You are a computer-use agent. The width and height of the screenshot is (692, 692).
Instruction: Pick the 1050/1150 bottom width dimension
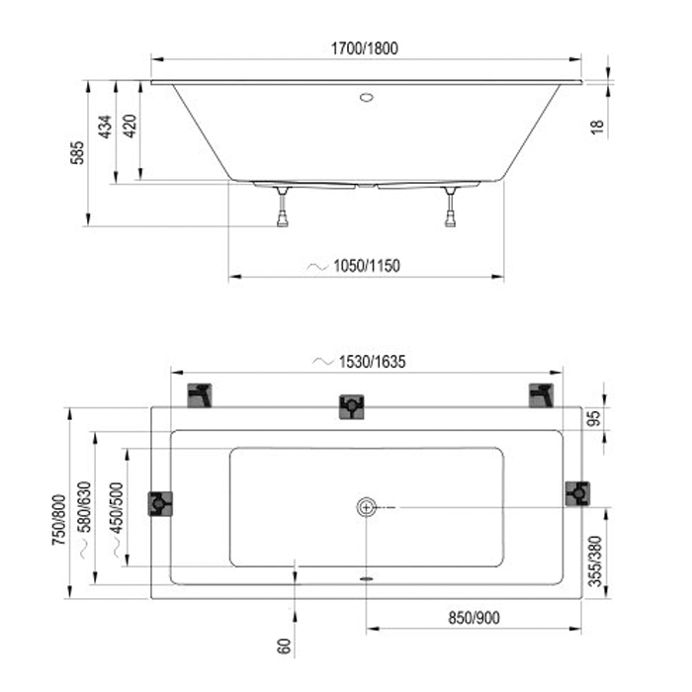pyautogui.click(x=366, y=265)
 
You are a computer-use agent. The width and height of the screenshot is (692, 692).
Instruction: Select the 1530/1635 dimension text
pyautogui.click(x=372, y=362)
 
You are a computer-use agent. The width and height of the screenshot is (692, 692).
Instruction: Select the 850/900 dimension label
pyautogui.click(x=473, y=617)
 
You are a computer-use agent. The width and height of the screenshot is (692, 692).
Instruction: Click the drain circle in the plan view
pyautogui.click(x=367, y=507)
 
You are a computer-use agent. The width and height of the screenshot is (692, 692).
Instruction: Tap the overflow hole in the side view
pyautogui.click(x=366, y=99)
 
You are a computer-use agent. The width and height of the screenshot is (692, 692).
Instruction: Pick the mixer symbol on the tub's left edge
pyautogui.click(x=160, y=503)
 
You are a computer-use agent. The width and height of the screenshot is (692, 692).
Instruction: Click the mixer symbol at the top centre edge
pyautogui.click(x=352, y=406)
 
